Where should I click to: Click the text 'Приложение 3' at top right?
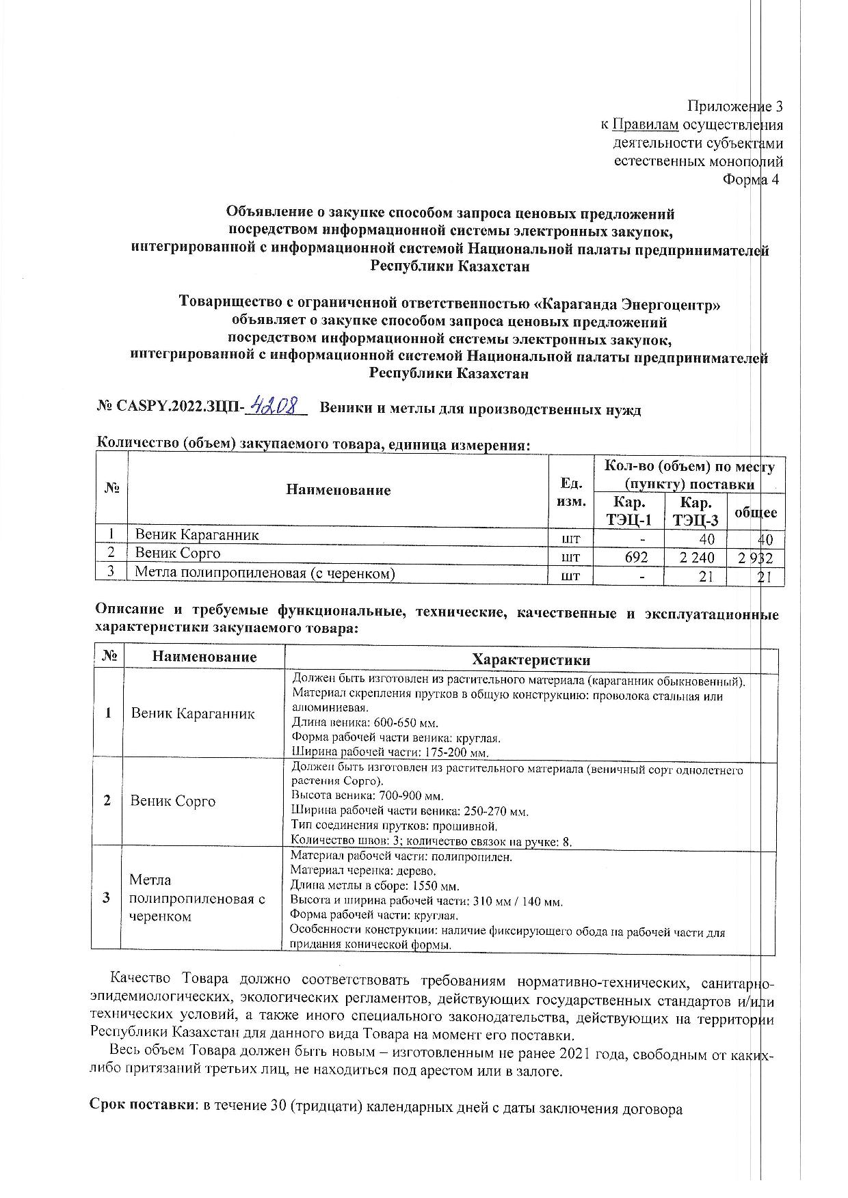tap(734, 107)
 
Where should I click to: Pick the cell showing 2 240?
tap(697, 558)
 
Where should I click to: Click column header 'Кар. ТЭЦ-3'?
tap(693, 510)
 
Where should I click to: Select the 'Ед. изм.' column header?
tap(572, 492)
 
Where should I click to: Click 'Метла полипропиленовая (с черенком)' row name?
tap(265, 573)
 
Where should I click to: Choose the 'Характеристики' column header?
tap(531, 659)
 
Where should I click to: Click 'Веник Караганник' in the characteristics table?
tap(193, 713)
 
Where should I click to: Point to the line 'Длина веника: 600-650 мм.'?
tap(365, 722)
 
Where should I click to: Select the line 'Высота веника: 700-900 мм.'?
tap(367, 796)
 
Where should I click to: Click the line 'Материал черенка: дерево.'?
tap(362, 871)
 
